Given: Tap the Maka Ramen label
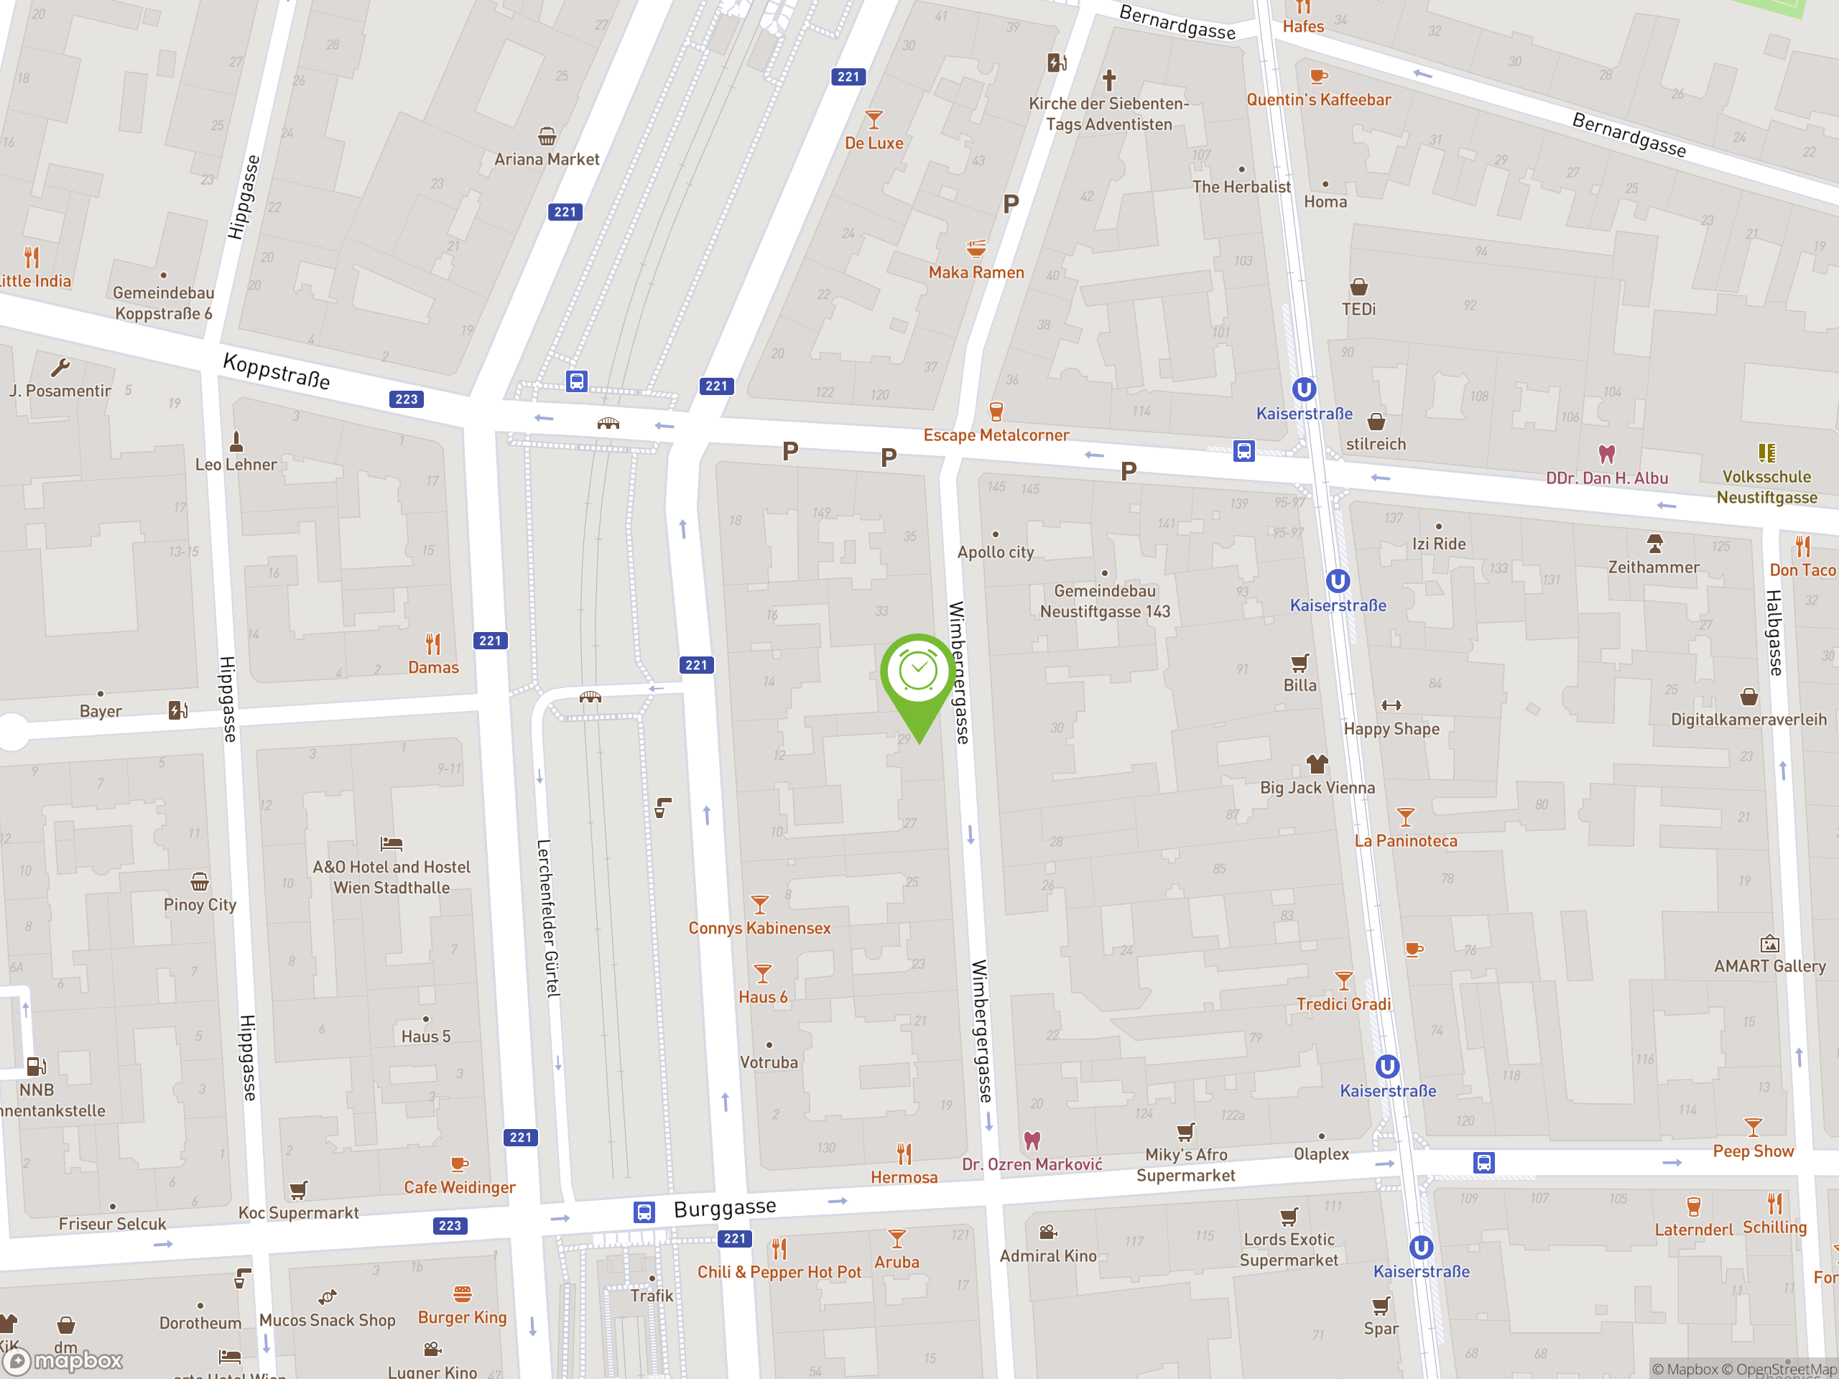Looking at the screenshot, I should point(976,273).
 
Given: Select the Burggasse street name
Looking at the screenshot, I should point(725,1208).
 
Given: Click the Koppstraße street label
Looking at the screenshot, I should point(277,371).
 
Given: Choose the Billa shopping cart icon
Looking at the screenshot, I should point(1300,662).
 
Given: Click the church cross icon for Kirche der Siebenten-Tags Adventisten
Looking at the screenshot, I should point(1109,80).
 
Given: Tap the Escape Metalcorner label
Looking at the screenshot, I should point(996,435).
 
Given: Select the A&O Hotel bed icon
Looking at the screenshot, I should point(391,844).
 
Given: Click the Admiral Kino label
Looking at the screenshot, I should point(1047,1256).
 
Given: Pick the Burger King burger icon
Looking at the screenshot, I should point(462,1294).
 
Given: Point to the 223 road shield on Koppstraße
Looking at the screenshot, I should point(407,399).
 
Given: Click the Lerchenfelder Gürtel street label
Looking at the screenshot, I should point(549,918).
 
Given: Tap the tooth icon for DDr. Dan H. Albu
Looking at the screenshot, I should point(1606,454).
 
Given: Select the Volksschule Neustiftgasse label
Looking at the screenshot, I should point(1766,487).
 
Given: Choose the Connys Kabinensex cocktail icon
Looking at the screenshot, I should point(759,904).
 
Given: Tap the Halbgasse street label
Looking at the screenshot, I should point(1774,633).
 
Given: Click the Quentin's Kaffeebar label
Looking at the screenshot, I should point(1317,100).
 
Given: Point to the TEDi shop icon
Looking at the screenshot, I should point(1358,287).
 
